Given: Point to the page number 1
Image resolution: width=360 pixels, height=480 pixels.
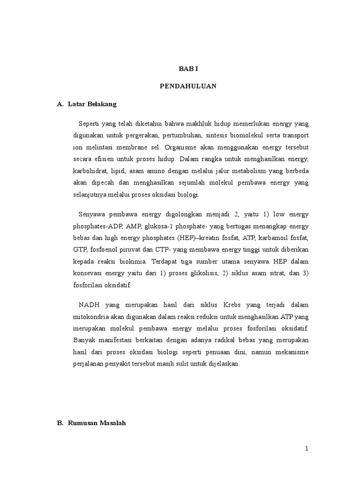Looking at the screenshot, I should tap(307, 449).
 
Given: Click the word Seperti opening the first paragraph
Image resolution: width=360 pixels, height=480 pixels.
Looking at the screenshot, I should tap(90, 124).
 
